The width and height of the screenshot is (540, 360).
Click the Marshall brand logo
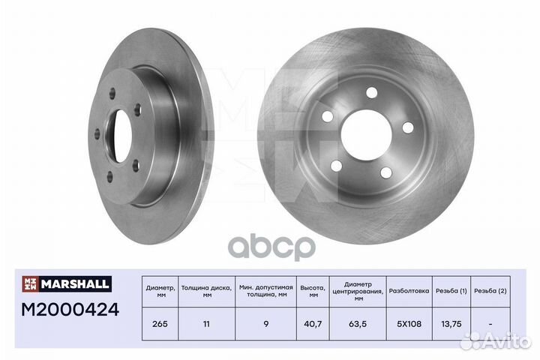67,283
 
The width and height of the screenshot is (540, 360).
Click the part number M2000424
70,309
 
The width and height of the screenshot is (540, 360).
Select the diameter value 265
160,324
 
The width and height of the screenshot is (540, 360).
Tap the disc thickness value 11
206,324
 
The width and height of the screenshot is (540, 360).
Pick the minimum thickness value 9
265,324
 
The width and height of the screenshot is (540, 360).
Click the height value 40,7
313,324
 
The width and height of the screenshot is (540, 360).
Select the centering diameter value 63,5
358,324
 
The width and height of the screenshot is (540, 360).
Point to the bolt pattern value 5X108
409,324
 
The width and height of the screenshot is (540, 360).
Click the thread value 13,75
451,324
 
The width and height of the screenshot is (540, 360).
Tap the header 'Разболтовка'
409,291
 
